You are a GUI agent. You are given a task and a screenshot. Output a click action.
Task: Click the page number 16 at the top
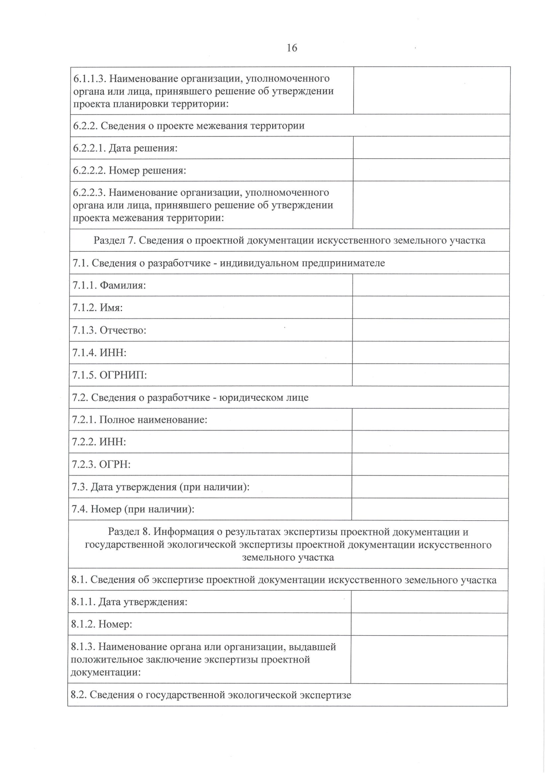291,48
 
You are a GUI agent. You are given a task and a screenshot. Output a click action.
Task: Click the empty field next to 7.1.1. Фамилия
431,285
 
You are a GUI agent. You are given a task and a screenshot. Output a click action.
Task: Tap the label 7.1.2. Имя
97,308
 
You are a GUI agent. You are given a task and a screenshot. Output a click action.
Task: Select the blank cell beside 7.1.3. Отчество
431,330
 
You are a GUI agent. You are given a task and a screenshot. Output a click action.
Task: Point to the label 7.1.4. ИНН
99,352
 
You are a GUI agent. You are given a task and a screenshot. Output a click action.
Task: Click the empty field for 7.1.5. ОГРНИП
431,375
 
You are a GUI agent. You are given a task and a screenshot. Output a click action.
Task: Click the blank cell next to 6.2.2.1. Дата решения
431,148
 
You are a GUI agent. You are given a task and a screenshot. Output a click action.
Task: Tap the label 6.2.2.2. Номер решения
129,170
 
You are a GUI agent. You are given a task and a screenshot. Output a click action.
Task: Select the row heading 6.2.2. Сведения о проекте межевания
188,125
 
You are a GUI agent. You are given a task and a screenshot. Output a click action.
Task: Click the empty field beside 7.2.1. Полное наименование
430,420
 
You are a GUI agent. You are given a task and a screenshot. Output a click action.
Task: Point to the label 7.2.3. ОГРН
101,464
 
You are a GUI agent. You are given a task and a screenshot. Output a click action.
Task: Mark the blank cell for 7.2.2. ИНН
430,442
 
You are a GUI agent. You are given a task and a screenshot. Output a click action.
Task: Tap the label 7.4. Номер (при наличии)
133,509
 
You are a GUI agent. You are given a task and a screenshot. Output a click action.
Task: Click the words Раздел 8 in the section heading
128,532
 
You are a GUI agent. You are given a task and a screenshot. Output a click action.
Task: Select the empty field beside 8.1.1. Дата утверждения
429,602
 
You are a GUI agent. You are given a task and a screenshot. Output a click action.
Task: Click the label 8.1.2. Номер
102,624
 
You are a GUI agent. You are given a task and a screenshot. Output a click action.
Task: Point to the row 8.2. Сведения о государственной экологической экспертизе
211,695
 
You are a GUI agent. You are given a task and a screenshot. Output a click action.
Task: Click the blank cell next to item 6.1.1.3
431,91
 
